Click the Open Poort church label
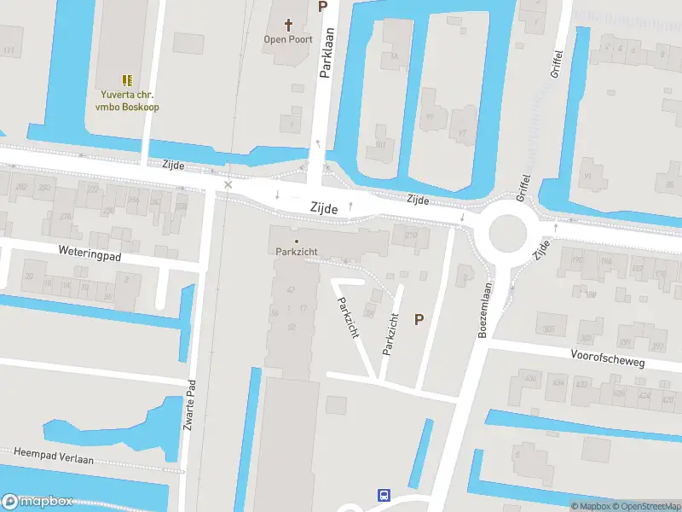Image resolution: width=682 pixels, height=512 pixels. pos(288,39)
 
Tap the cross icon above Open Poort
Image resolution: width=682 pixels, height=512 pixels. pos(288,25)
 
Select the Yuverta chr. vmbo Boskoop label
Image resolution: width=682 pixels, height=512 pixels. pos(127,102)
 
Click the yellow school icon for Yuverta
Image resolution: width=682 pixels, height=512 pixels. pos(127,80)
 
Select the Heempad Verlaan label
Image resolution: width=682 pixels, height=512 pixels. pos(53,455)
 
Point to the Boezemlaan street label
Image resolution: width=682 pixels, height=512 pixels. pos(483,311)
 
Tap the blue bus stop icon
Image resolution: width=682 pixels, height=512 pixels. pos(384,495)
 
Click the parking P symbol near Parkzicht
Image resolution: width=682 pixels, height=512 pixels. pos(419,320)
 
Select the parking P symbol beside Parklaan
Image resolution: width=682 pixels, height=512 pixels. pos(322,7)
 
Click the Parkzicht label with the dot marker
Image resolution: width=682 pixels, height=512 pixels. pos(297,251)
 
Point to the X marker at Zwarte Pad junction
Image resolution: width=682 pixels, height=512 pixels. pos(228,185)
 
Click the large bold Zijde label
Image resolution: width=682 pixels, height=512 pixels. pos(324,208)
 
